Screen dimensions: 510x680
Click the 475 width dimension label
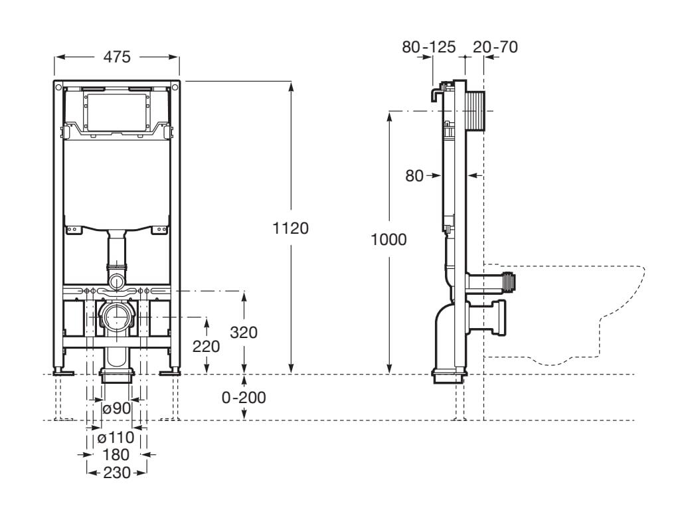click(116, 57)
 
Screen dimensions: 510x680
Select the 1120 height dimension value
click(291, 228)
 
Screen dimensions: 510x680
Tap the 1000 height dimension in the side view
click(389, 240)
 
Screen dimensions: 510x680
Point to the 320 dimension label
click(243, 333)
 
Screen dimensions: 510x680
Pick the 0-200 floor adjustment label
click(244, 398)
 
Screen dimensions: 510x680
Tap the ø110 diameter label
click(116, 438)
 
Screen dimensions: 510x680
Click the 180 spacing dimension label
click(116, 455)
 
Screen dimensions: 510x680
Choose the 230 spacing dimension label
click(116, 473)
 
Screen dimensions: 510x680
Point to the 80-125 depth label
click(429, 46)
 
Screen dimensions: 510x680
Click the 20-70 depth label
click(495, 46)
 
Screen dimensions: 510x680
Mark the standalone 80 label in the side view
click(414, 176)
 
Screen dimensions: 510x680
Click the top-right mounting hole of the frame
click(175, 87)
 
